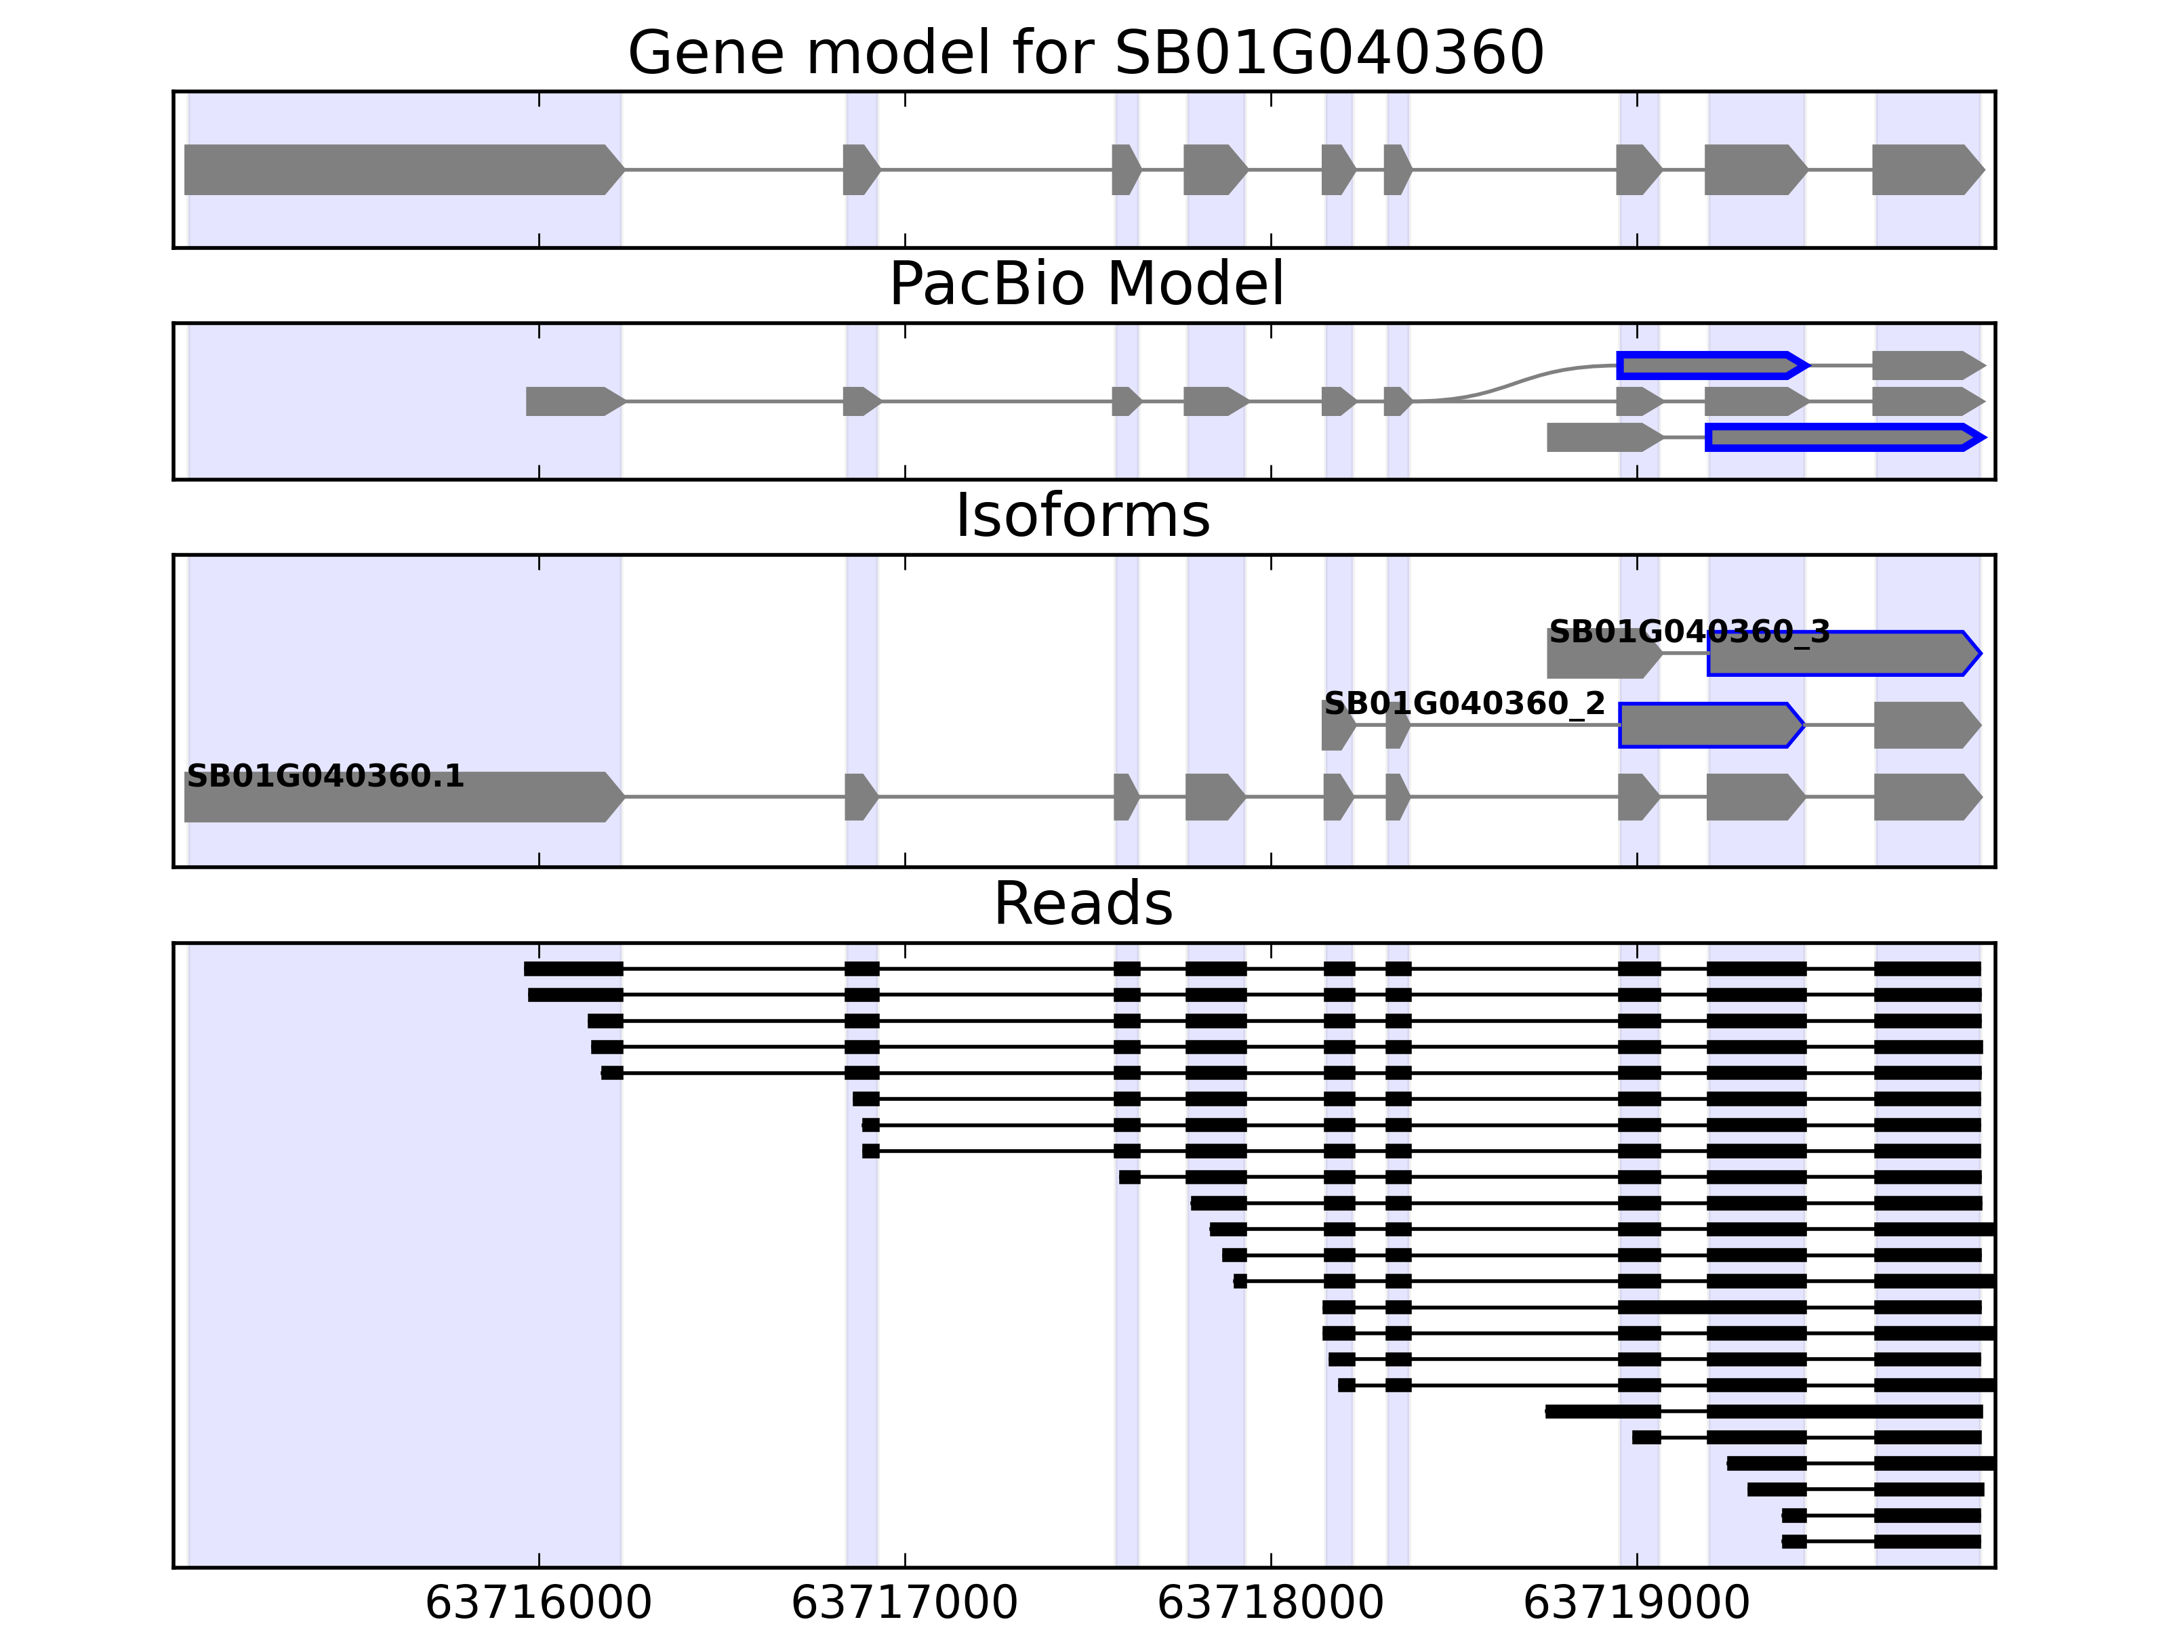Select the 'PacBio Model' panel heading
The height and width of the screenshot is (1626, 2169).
point(1084,285)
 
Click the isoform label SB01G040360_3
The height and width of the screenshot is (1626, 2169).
point(1688,632)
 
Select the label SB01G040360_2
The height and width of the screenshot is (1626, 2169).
point(1464,704)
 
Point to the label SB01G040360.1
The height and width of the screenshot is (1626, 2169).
point(325,776)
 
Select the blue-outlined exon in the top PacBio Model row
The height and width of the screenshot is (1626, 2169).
point(1710,366)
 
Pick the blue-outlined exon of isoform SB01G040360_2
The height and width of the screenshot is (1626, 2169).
point(1710,726)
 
